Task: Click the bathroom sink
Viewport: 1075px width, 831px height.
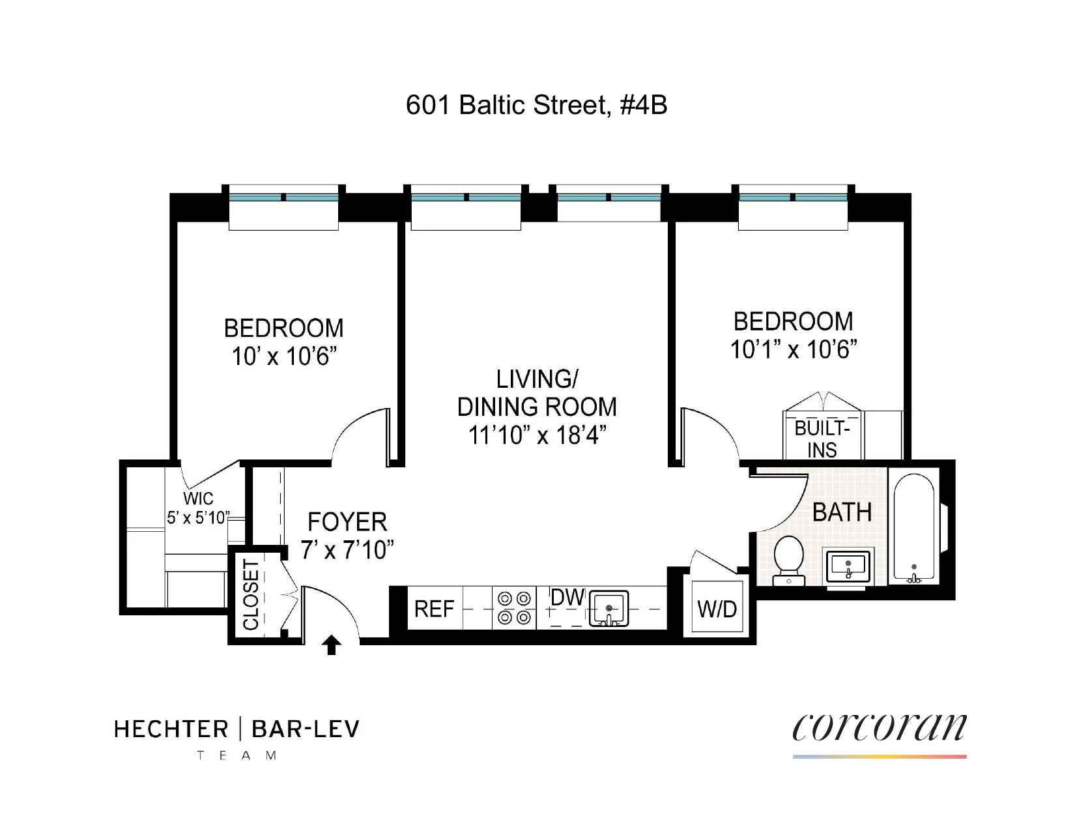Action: click(x=848, y=565)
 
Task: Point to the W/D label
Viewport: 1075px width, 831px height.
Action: click(x=717, y=609)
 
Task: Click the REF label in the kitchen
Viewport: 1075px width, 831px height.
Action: click(x=434, y=609)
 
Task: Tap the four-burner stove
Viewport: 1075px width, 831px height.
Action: click(x=513, y=607)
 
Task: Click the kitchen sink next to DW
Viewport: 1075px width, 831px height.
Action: click(x=609, y=609)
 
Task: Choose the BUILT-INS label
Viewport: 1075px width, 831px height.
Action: click(x=822, y=439)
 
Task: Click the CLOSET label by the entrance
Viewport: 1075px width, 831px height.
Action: click(x=251, y=595)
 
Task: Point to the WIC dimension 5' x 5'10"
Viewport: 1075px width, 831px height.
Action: click(x=198, y=518)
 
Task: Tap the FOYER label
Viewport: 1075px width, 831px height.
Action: click(x=347, y=522)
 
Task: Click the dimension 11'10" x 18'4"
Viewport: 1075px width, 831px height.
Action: click(x=537, y=435)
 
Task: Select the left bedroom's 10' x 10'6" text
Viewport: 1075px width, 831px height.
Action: click(x=284, y=357)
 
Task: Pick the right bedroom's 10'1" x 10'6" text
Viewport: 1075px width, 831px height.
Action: click(x=793, y=350)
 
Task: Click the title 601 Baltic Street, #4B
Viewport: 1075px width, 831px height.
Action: click(x=536, y=105)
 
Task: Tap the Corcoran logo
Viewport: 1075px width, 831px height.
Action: click(x=879, y=728)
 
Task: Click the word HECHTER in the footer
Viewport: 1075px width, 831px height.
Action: click(x=171, y=729)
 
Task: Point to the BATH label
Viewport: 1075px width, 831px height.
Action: click(x=842, y=512)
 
